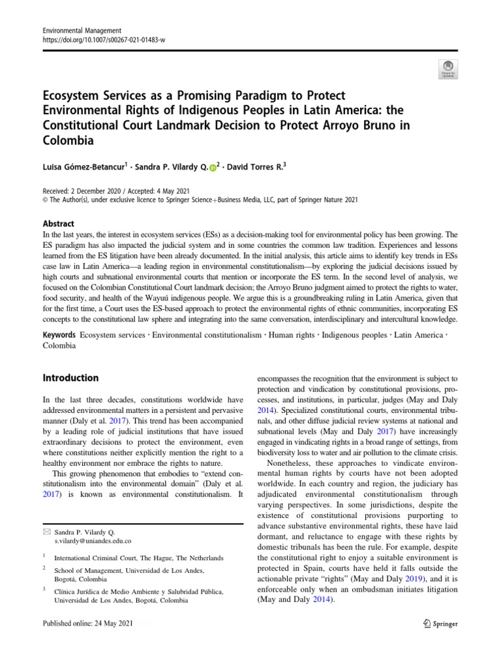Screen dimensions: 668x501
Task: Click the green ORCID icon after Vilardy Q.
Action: click(212, 168)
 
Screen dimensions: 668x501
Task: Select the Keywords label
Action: click(59, 335)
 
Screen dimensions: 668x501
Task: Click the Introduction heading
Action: click(70, 378)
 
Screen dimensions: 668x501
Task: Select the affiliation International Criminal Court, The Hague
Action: click(138, 558)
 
